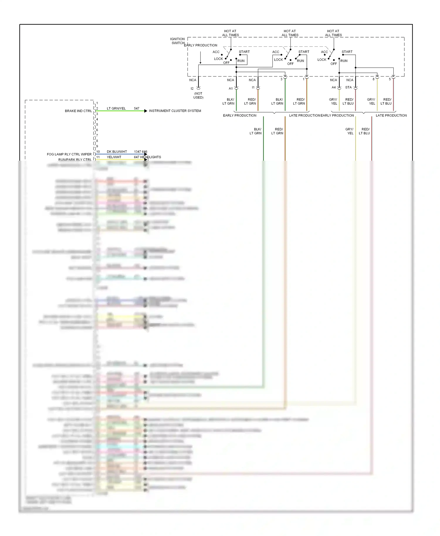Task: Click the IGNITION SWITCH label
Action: click(x=177, y=41)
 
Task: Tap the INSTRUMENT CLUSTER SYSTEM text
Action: click(x=175, y=111)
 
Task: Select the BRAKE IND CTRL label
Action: click(x=78, y=111)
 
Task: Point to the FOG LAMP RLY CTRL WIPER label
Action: click(x=69, y=154)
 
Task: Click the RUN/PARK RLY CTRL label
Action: click(x=75, y=160)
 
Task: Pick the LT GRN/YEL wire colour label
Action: click(x=116, y=108)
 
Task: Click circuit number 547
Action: click(x=137, y=108)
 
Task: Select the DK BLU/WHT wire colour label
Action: click(x=117, y=152)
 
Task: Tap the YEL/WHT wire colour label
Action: click(x=114, y=157)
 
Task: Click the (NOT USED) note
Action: click(x=198, y=95)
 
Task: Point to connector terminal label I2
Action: click(x=192, y=89)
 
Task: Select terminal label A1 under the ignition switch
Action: click(x=231, y=89)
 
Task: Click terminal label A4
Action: click(x=334, y=87)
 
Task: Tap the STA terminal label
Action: click(x=348, y=87)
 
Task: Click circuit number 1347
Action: click(x=138, y=152)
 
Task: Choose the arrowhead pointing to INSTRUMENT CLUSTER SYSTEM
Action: click(x=146, y=111)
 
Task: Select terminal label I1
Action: click(x=253, y=87)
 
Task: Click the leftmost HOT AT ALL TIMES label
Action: click(x=230, y=33)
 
